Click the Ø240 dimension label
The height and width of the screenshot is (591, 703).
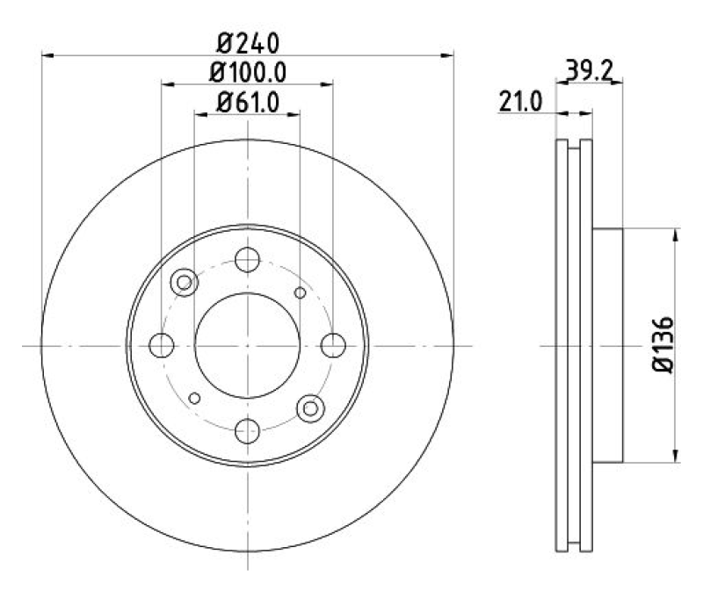coord(248,43)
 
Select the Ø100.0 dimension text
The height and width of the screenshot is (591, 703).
coord(248,73)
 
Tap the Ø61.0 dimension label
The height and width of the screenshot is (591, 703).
coord(248,102)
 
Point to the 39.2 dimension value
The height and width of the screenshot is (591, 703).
coord(589,70)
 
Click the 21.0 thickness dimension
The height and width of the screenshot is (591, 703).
coord(520,102)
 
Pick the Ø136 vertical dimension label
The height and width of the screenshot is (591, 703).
coord(663,345)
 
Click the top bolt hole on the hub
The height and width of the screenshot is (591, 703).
coord(248,259)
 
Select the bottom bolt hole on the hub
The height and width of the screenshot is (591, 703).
coord(248,431)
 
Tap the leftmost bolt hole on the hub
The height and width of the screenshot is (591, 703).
coord(162,345)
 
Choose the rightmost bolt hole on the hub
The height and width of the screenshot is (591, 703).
coord(333,345)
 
